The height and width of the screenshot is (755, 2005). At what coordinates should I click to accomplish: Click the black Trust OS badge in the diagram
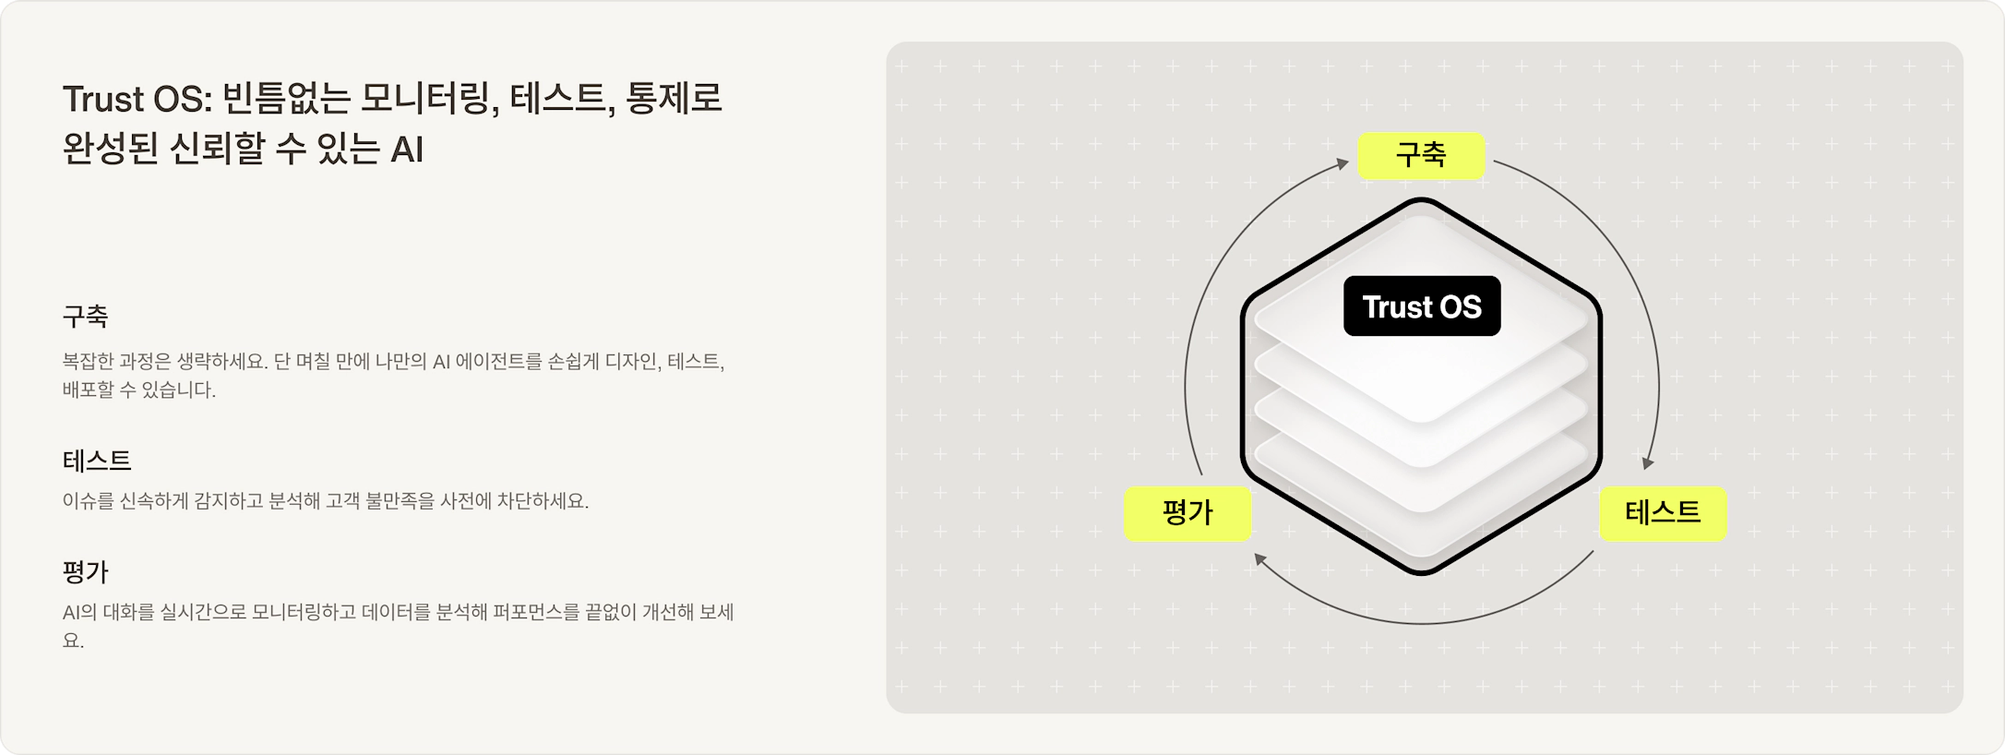(1422, 306)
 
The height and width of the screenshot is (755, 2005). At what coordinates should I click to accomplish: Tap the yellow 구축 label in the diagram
(1421, 155)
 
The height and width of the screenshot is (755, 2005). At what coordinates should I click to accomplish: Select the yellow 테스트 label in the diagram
(1663, 513)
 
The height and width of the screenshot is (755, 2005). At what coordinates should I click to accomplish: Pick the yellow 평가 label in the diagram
(1187, 513)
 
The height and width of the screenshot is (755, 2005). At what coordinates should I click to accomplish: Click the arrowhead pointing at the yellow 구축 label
(1343, 164)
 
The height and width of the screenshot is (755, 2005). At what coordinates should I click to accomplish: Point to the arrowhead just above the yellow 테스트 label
(1648, 462)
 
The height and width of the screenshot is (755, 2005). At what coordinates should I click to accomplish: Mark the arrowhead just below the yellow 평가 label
(1260, 559)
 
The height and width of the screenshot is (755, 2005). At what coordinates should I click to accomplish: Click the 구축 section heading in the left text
(86, 317)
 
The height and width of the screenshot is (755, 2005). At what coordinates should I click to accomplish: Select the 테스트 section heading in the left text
(97, 461)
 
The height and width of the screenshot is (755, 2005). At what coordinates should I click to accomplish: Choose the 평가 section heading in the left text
(86, 572)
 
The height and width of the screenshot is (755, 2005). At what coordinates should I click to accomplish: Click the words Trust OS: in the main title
(137, 99)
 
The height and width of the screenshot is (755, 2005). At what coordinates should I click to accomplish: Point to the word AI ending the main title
(407, 150)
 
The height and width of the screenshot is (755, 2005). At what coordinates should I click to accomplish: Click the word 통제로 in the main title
(674, 99)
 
